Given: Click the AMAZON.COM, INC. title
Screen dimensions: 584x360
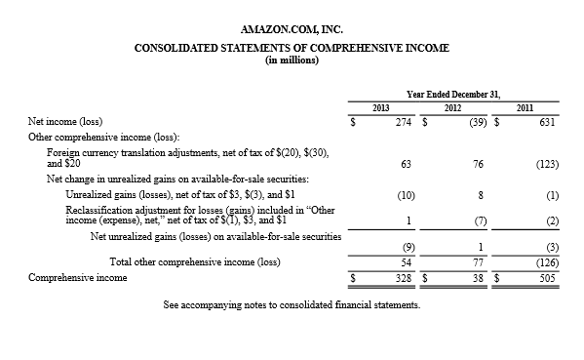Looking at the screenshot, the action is [292, 29].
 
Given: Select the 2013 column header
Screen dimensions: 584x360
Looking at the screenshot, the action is [382, 106].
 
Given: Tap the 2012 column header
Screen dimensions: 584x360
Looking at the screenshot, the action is [452, 106].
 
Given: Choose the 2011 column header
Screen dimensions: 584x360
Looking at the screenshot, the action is [526, 106].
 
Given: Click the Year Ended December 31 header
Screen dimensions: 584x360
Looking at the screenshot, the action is [453, 94].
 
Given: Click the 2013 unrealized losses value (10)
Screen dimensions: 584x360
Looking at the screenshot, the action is [407, 195].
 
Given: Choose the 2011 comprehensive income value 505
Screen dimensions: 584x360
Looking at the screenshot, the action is [548, 277].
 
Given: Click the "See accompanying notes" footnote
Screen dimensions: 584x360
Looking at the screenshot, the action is [292, 304].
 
